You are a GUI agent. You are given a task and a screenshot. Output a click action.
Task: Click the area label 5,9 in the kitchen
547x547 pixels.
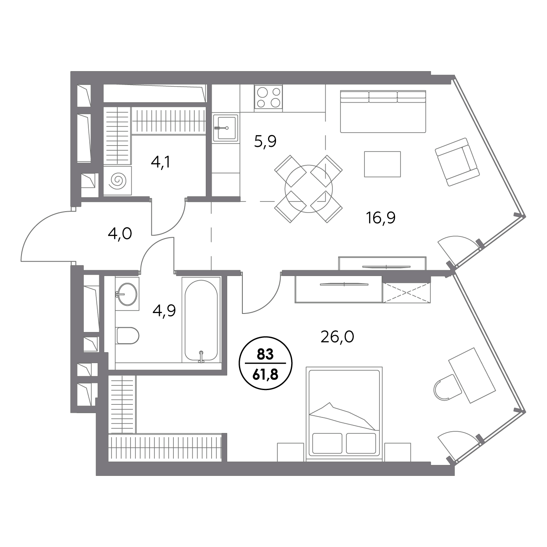[265, 142]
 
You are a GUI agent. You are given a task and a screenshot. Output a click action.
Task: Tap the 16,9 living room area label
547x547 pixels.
[381, 218]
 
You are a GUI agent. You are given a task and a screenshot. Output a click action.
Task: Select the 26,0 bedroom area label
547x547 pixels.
[337, 337]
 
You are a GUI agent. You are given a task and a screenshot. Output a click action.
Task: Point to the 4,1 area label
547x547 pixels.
[161, 162]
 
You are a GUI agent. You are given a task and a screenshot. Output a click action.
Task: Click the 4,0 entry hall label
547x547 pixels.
[120, 234]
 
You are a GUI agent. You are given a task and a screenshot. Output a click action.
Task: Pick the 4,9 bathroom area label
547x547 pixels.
[164, 311]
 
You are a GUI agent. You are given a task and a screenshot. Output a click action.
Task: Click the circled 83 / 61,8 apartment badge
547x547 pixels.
[266, 363]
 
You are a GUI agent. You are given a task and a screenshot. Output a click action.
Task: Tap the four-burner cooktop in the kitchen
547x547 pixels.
[268, 97]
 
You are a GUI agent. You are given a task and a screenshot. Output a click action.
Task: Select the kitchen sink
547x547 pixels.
[226, 127]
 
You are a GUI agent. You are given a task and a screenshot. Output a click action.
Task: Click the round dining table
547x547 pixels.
[308, 189]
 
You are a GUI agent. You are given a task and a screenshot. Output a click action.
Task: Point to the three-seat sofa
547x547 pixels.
[383, 112]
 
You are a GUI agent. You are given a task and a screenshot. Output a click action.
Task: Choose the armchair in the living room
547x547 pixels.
[457, 162]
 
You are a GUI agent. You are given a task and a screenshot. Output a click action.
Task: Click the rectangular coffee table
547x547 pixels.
[382, 164]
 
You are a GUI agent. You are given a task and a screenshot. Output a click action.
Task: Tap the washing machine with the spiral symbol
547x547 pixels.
[117, 181]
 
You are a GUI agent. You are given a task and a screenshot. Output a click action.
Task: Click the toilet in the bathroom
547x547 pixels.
[127, 335]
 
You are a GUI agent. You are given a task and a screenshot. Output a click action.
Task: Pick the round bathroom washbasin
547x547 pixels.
[127, 295]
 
